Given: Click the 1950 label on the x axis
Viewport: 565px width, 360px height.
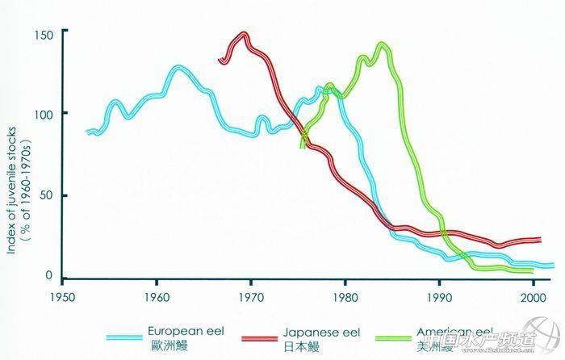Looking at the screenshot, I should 61,296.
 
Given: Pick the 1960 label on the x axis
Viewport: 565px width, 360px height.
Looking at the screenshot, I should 156,296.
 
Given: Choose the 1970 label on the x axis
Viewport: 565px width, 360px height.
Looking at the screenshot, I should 251,296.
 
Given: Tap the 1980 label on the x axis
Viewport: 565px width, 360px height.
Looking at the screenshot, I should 345,296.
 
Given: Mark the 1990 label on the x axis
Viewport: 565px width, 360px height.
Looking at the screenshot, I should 440,296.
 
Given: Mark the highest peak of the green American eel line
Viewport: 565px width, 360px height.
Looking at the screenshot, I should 382,44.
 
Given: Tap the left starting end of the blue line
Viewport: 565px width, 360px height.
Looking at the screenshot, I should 88,132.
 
